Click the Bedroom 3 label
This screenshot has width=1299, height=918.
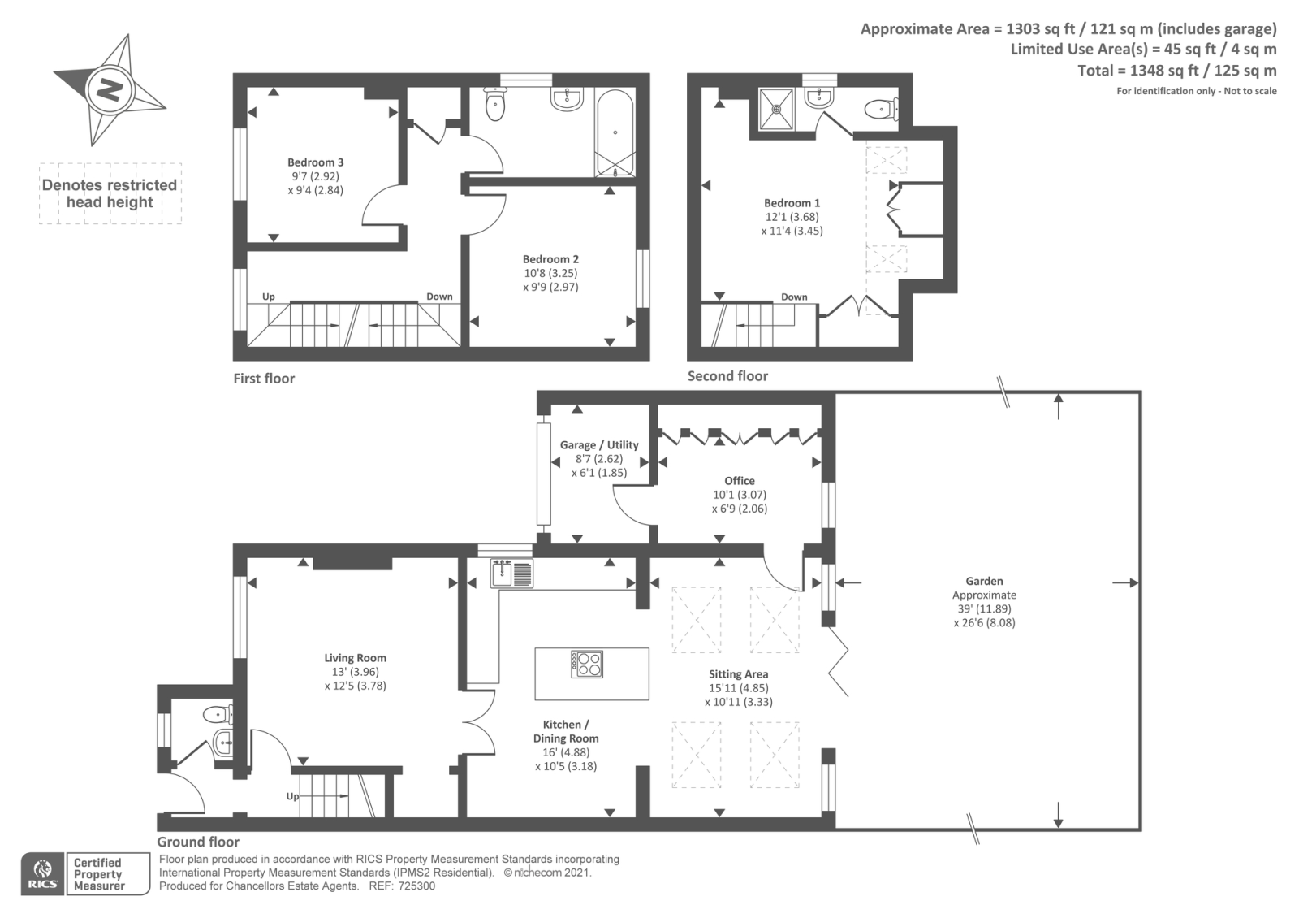[x=316, y=162]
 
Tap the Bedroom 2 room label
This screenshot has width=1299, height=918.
[x=550, y=259]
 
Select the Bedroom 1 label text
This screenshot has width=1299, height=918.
[x=792, y=203]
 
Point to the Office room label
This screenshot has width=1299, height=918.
[x=740, y=481]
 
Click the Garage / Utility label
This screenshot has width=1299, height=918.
[x=599, y=445]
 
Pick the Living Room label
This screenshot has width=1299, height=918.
[x=355, y=658]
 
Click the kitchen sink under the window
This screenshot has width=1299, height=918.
[x=511, y=574]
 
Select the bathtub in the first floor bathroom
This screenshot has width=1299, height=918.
[x=615, y=133]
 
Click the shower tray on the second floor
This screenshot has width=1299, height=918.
[x=776, y=109]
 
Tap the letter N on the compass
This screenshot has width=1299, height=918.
[x=110, y=90]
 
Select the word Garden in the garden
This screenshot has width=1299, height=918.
[x=984, y=581]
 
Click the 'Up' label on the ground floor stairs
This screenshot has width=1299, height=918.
[x=293, y=797]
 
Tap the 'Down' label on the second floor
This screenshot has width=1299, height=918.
[x=794, y=297]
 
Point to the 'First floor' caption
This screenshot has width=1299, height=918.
[x=264, y=379]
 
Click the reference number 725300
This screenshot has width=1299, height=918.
[x=416, y=886]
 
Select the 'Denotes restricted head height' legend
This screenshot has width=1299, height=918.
[x=110, y=194]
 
